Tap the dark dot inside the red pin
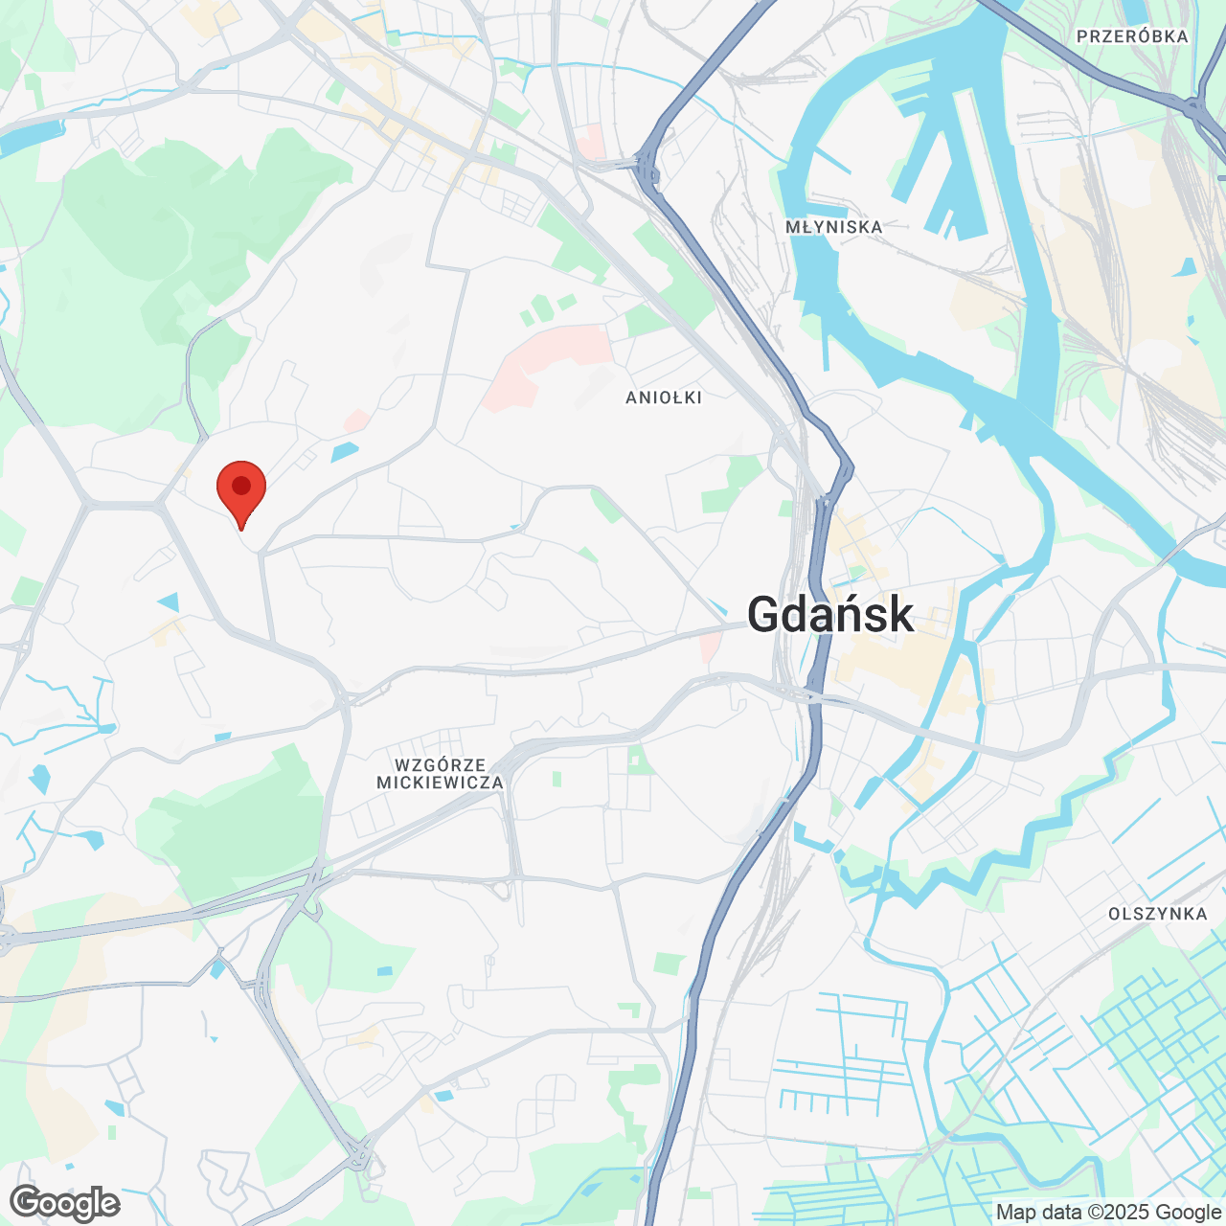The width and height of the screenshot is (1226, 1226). point(241,485)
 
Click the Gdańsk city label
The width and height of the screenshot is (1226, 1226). point(829,615)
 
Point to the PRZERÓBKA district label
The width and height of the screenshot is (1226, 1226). point(1132,36)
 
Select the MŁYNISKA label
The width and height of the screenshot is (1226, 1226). point(833,227)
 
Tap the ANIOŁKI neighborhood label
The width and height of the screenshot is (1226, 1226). point(664,397)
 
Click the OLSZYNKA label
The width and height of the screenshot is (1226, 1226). point(1157,914)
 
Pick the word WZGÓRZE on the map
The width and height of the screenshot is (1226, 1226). point(440,765)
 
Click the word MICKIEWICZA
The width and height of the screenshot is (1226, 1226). point(440,783)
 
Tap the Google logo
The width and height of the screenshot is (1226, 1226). point(65,1203)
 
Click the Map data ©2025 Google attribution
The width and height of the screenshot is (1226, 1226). point(1108,1213)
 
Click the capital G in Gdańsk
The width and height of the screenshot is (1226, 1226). point(766,615)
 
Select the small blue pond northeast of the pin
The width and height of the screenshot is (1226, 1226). point(344,450)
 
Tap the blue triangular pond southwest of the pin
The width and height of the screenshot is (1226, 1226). point(170,602)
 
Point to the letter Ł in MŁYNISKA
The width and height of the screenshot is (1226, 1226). point(809,227)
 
